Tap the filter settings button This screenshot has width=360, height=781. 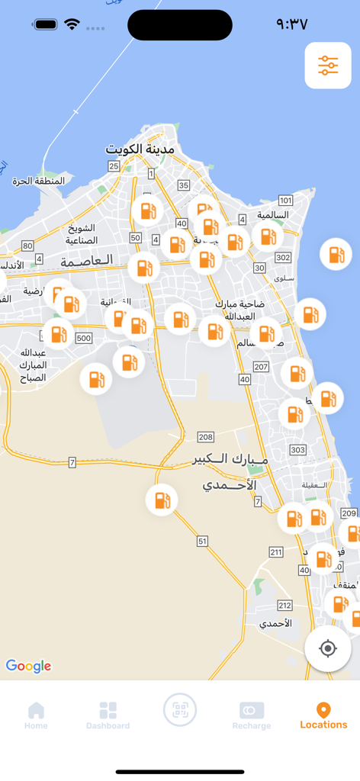point(328,66)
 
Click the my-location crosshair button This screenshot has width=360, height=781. point(328,648)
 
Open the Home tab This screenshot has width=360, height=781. point(36,715)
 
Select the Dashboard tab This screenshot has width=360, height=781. point(108,715)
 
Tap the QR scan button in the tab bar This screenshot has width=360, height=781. point(180,710)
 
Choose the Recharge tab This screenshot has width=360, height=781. point(252,715)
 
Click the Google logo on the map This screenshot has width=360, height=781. point(29,666)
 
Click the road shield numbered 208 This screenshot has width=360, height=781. point(205,437)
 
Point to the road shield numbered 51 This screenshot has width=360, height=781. point(202,541)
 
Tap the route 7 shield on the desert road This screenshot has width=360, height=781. point(72,462)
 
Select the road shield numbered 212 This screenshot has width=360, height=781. point(284,606)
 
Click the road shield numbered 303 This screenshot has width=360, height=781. point(298,450)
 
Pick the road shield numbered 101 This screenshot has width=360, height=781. point(285,201)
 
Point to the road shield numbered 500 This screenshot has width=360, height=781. point(84,338)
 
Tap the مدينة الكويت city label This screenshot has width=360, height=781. point(140,149)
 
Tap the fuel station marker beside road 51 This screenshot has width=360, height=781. point(162,500)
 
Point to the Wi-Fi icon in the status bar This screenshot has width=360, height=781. point(72,24)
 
